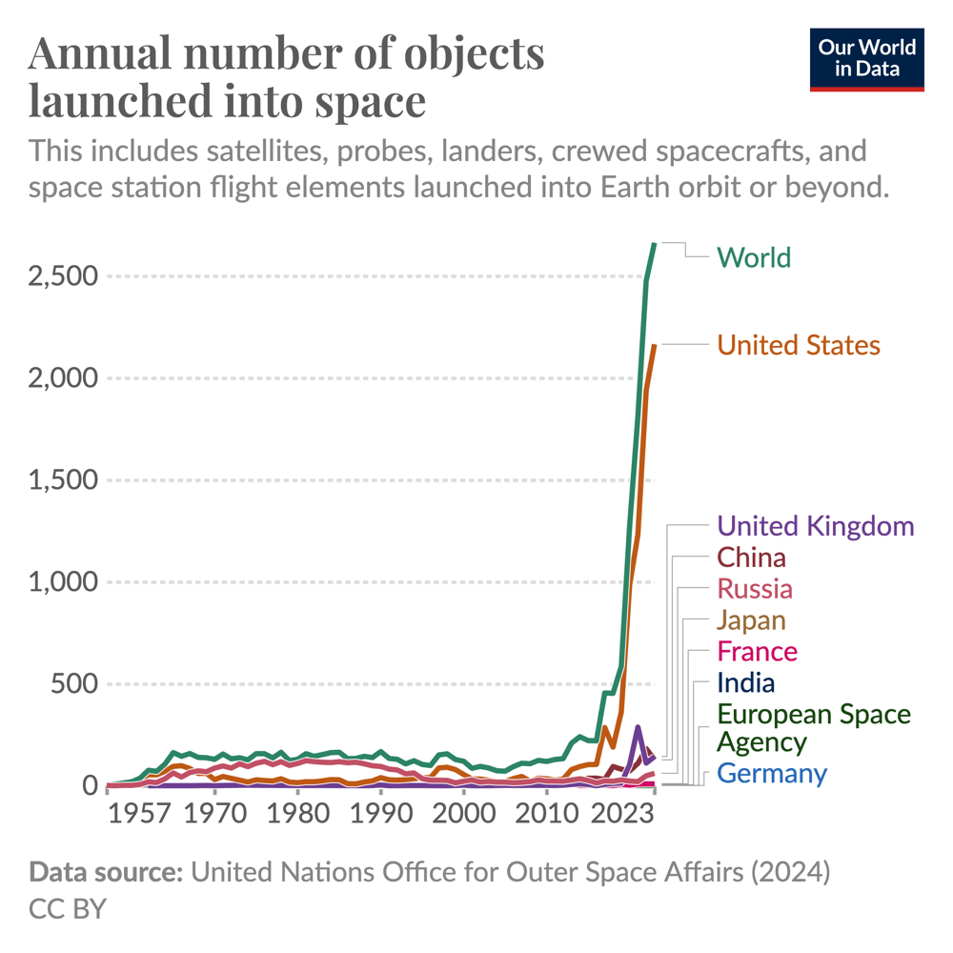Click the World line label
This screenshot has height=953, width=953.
point(753,257)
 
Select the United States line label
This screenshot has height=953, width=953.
point(798,344)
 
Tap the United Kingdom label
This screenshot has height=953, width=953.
point(815,526)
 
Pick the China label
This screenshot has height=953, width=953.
point(751,558)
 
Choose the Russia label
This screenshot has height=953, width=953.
point(754,588)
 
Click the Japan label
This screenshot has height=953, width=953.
point(751,620)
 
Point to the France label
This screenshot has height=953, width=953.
point(757,652)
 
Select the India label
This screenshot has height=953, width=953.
point(745,682)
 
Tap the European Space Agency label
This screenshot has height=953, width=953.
point(813,727)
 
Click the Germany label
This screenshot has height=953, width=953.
point(771,773)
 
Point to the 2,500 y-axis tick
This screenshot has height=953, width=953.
point(63,276)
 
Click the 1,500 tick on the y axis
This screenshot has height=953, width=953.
point(63,480)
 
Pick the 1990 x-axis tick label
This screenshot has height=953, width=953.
point(381,816)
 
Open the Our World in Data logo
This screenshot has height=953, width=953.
point(867,58)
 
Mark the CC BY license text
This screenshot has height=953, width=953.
point(68,908)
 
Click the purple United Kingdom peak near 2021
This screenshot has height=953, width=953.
point(638,727)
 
